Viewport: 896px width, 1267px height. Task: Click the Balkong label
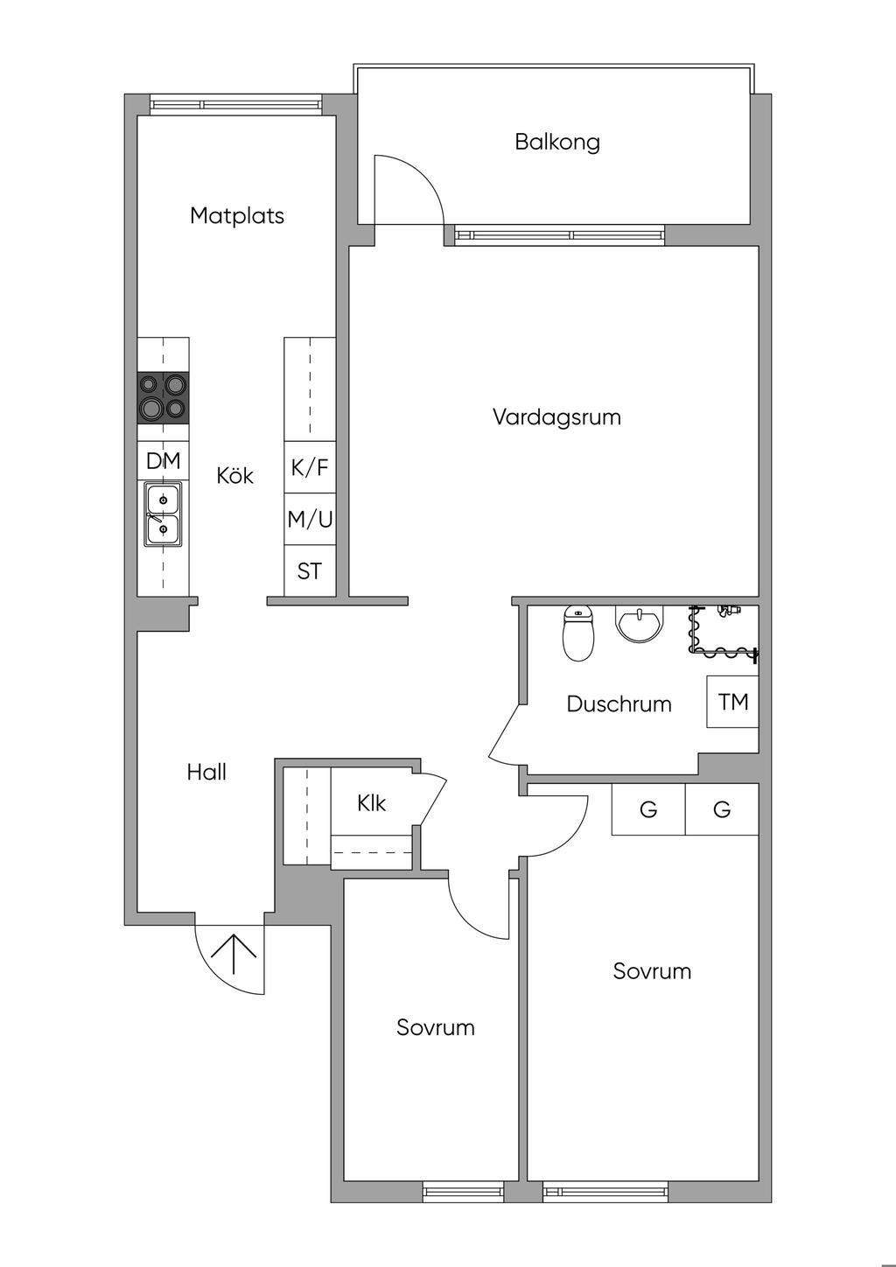(557, 142)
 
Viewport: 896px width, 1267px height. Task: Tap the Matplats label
(237, 215)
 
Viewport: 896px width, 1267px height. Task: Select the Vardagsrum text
(556, 416)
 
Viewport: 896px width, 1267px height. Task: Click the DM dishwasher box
(163, 461)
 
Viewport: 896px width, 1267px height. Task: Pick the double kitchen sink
(163, 516)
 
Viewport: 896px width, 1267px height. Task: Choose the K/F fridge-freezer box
(310, 467)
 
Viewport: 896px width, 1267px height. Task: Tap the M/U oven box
(310, 520)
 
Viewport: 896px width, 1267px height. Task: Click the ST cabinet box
(310, 571)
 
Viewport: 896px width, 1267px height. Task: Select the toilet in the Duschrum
(577, 632)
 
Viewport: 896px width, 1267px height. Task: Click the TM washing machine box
(732, 702)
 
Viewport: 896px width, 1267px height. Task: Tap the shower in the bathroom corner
(724, 630)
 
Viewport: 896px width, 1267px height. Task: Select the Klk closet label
(372, 803)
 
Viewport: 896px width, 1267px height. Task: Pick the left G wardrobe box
(648, 809)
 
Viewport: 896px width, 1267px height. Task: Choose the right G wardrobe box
(722, 809)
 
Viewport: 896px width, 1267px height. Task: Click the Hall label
(206, 772)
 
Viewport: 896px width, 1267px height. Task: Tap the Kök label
(235, 475)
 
